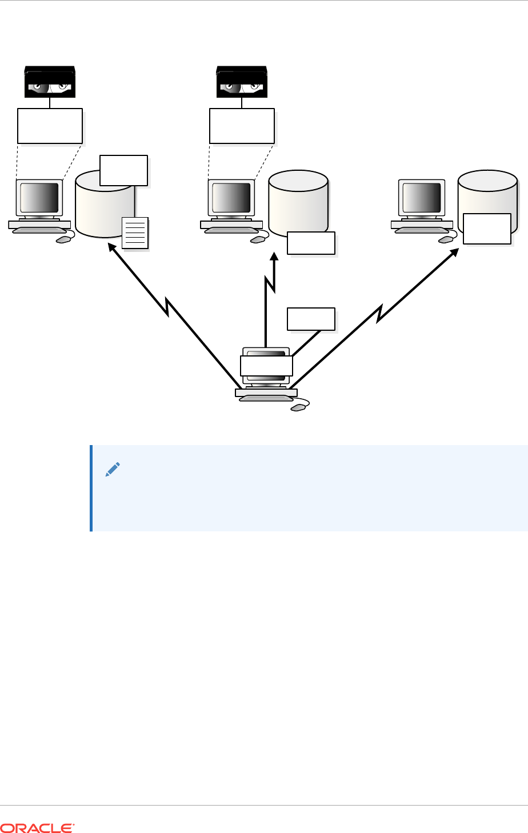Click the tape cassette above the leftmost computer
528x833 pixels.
tap(50, 82)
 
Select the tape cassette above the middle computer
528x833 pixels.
tap(242, 82)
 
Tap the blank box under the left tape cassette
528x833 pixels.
tap(50, 125)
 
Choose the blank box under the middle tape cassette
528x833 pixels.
tap(242, 125)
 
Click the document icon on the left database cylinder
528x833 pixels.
tap(136, 233)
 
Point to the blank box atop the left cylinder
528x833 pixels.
tap(123, 170)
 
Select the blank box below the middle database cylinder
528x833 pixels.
tap(311, 243)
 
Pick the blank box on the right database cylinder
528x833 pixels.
tap(487, 229)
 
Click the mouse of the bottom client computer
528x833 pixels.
tap(298, 408)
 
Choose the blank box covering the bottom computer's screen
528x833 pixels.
tap(266, 366)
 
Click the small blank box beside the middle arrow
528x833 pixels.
tap(311, 319)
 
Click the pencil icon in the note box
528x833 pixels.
tap(113, 470)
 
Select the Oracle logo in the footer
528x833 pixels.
tap(38, 827)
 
